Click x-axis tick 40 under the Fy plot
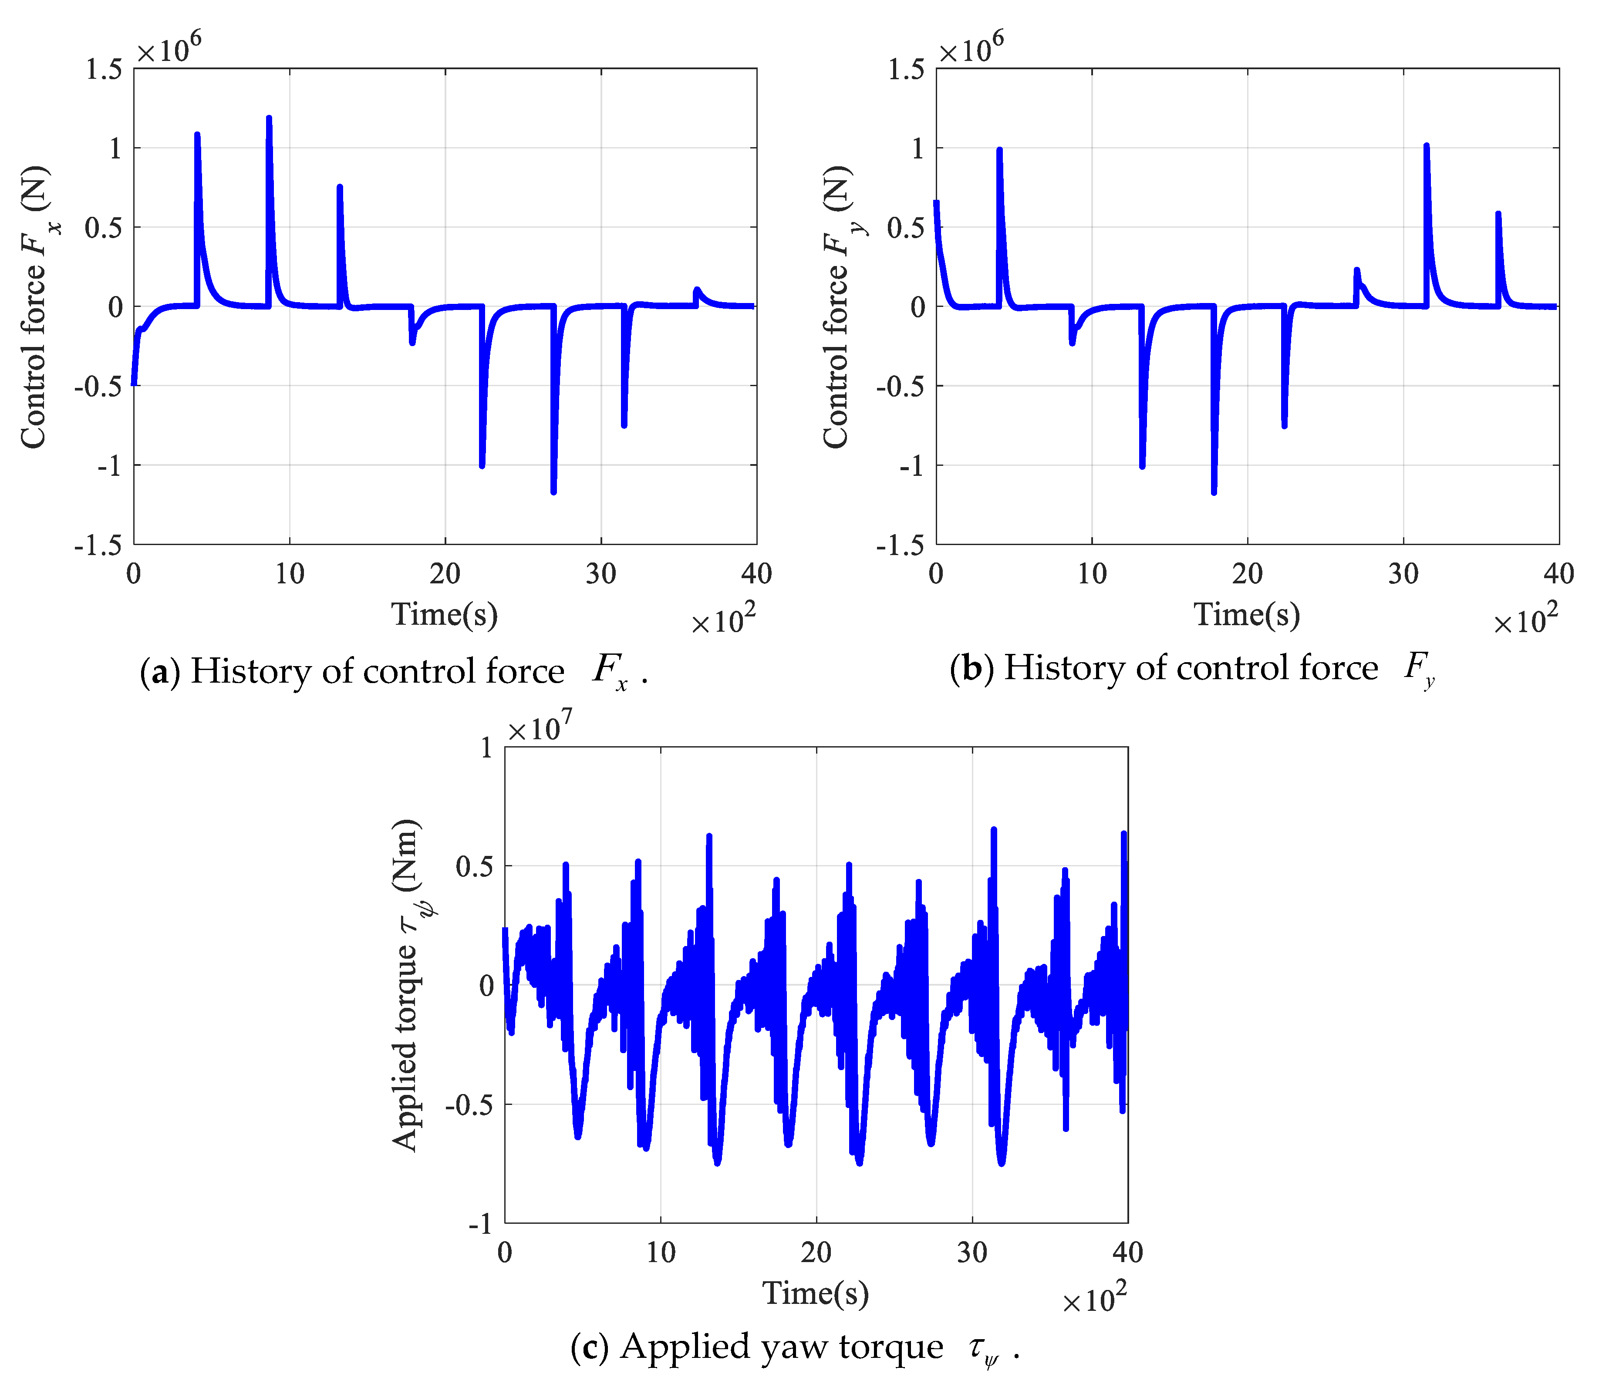(1558, 574)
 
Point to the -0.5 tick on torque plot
(468, 1105)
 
